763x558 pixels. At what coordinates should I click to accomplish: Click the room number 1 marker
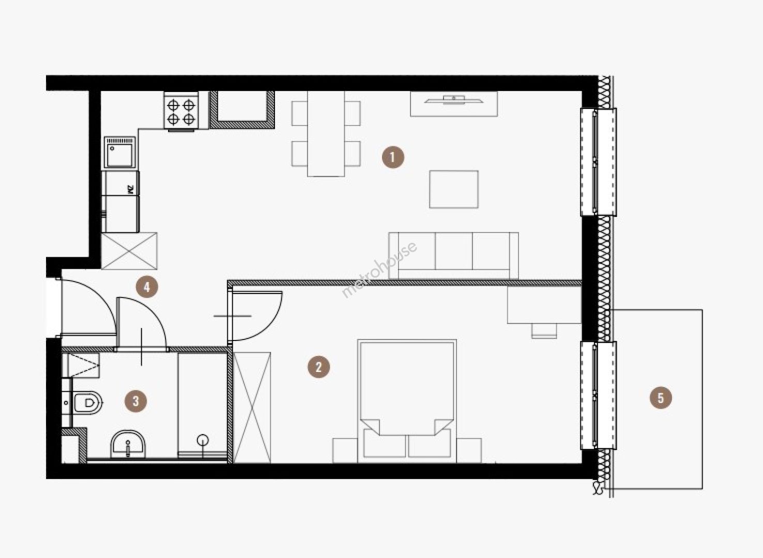[x=393, y=157]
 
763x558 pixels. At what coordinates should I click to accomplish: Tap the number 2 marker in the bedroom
[x=318, y=367]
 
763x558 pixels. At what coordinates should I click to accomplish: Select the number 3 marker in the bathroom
[x=135, y=401]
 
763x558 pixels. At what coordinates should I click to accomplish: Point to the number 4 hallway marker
[x=147, y=287]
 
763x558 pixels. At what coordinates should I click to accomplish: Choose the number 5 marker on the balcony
[x=661, y=398]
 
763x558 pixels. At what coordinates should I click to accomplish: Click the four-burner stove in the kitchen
[x=181, y=111]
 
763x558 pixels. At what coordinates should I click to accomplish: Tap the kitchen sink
[x=119, y=152]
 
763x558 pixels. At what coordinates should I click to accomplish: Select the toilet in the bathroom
[x=88, y=403]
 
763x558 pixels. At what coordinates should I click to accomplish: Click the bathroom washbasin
[x=128, y=445]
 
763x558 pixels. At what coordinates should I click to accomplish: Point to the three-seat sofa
[x=453, y=256]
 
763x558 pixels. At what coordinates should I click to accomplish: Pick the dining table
[x=326, y=133]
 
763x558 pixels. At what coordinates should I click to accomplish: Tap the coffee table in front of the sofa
[x=454, y=189]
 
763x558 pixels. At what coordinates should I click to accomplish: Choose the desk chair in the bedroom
[x=544, y=331]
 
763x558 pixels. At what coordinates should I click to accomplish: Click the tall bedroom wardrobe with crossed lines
[x=252, y=408]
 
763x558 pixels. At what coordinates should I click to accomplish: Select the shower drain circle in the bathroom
[x=203, y=440]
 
